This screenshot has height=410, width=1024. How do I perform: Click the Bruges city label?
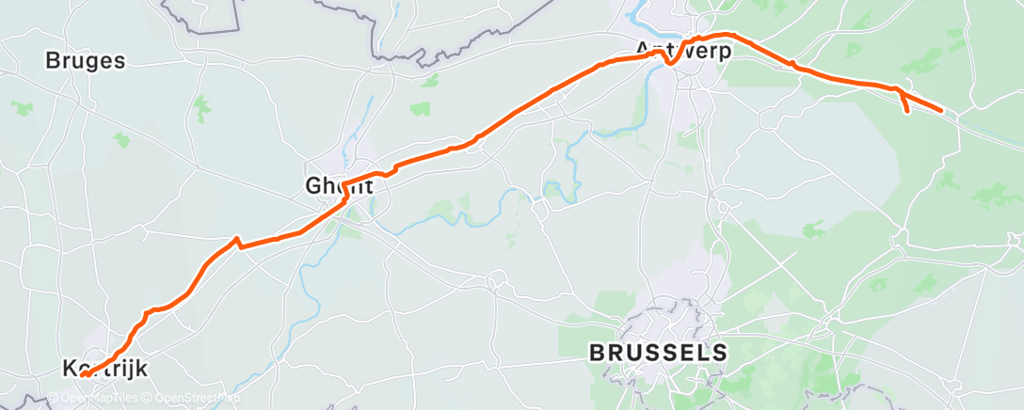85,61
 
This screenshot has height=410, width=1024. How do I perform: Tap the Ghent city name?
339,186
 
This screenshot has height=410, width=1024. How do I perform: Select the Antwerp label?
683,50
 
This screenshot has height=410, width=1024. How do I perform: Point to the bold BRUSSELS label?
658,354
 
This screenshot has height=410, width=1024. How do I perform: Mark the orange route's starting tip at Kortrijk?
83,374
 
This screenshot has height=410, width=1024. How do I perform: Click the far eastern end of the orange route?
941,110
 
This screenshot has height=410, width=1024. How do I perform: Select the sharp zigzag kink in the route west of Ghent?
237,240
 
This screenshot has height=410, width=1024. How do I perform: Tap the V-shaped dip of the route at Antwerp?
668,62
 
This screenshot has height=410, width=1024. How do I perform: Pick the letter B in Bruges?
53,61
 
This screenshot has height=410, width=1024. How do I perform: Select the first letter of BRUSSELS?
597,354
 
